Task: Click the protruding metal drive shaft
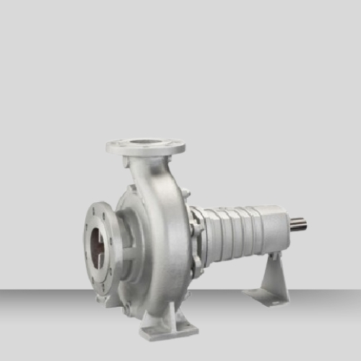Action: (x=299, y=225)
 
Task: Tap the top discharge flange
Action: (x=145, y=147)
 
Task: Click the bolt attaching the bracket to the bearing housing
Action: (x=272, y=256)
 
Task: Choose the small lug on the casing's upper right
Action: (x=186, y=193)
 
